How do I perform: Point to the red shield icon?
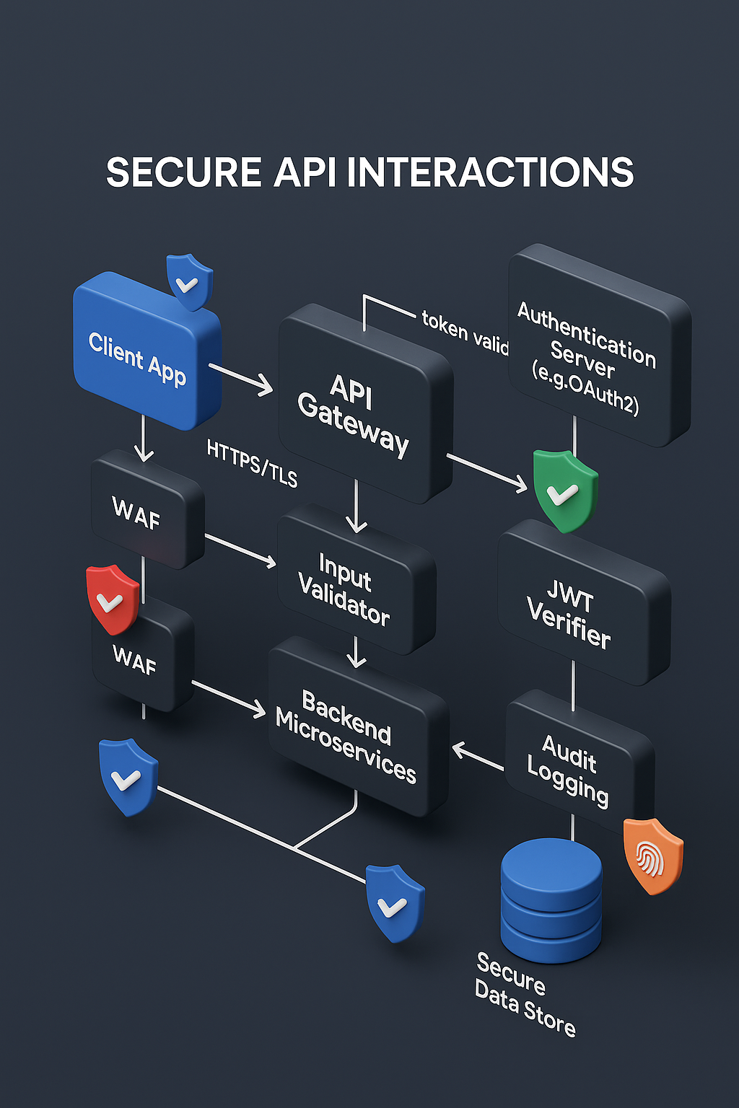(x=112, y=599)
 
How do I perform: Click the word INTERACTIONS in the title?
(x=490, y=173)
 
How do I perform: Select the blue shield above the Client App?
(x=189, y=281)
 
